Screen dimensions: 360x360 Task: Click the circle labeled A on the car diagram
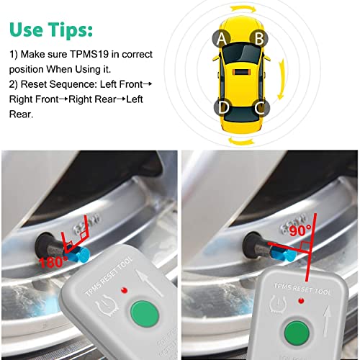point(222,38)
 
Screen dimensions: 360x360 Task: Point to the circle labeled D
point(223,109)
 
